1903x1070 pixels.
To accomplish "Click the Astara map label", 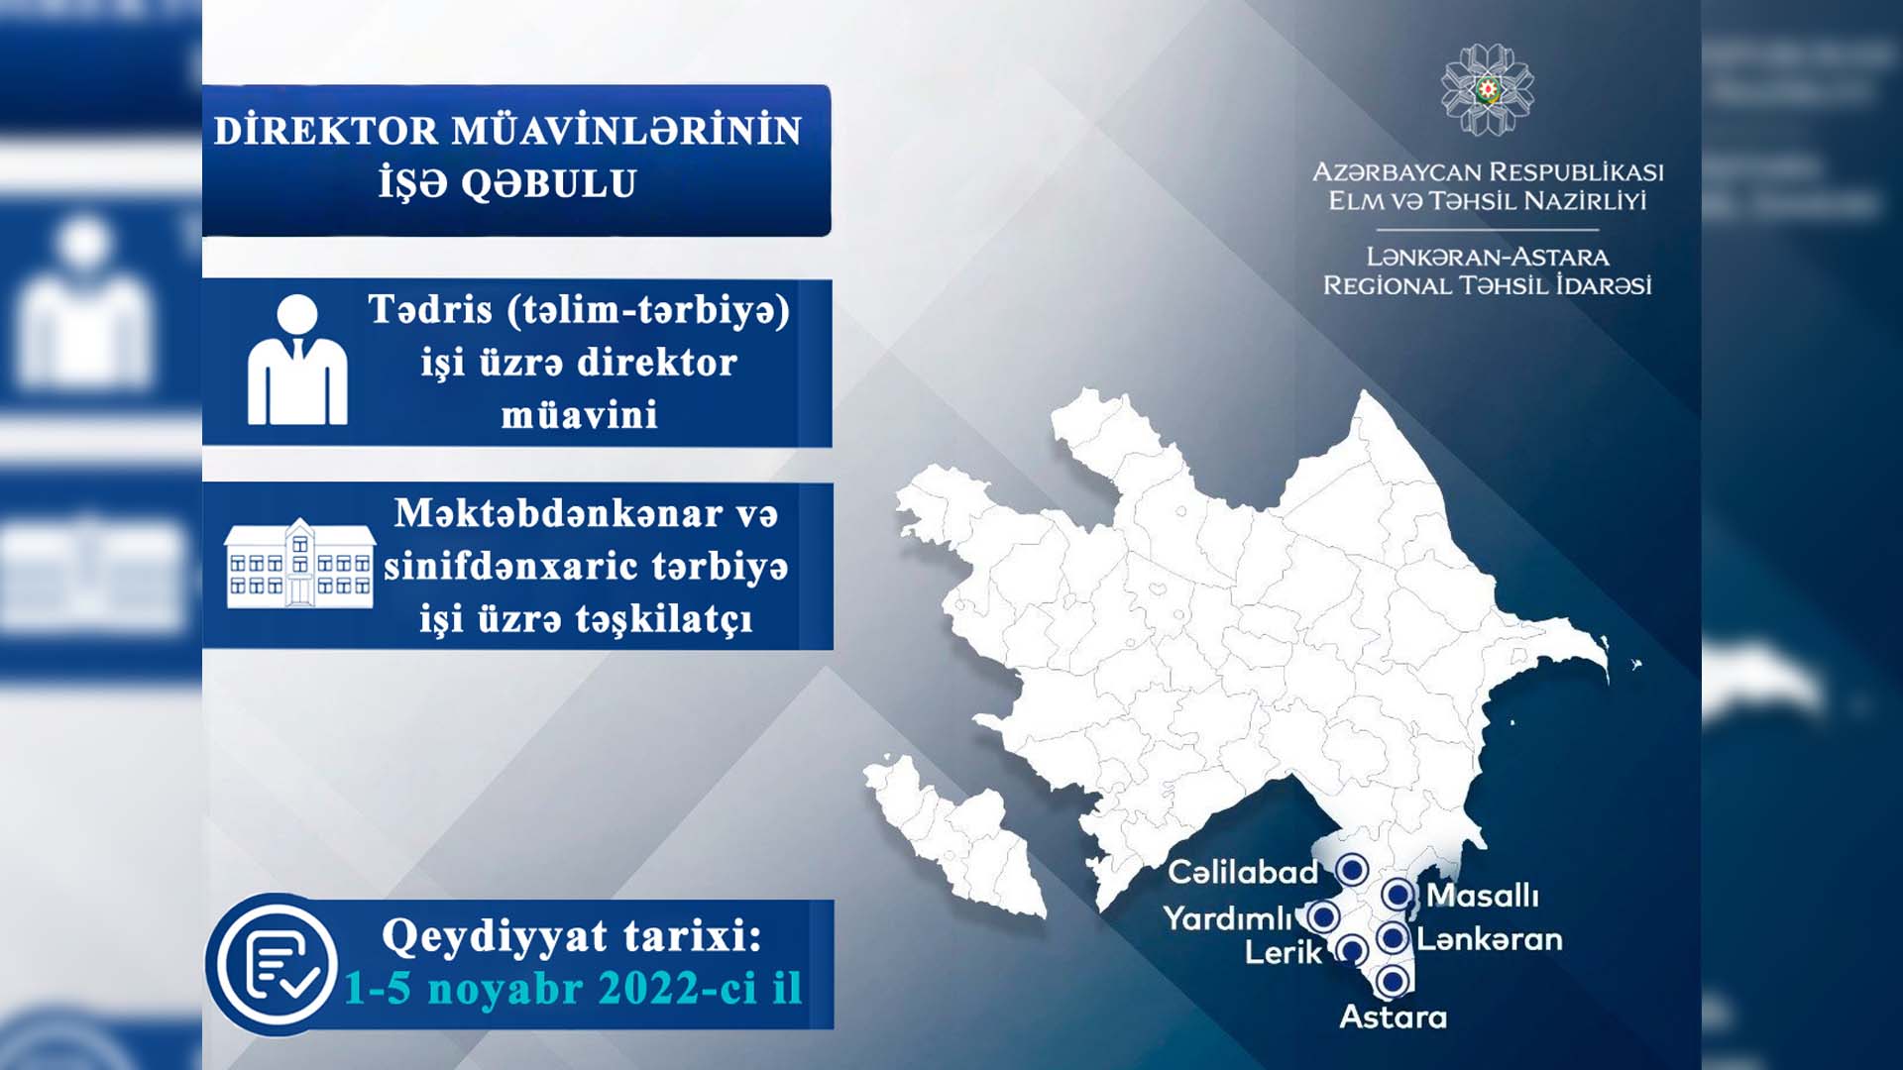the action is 1393,1017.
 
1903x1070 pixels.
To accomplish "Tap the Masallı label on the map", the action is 1483,896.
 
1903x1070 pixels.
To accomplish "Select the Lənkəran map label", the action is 1489,939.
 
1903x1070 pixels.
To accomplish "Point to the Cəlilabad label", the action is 1243,872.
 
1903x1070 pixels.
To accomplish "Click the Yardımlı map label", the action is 1228,918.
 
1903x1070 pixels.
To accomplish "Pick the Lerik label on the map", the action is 1284,953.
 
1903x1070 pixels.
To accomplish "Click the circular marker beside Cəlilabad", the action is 1351,870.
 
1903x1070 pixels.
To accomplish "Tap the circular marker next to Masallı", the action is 1398,895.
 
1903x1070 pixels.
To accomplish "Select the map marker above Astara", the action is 1392,981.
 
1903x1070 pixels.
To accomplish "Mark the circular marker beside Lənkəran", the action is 1392,937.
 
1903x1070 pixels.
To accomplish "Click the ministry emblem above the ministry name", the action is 1487,89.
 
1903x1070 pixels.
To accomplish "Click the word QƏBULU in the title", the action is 548,184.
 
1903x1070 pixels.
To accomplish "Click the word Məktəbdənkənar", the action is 559,513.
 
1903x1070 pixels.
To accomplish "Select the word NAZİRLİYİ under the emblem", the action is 1585,201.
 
